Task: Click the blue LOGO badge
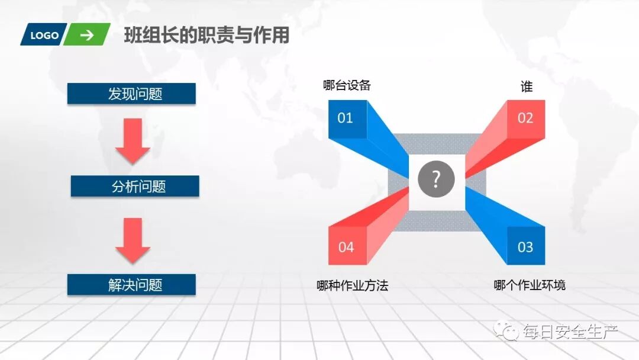point(45,35)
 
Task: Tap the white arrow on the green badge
point(87,35)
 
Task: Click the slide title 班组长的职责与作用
point(206,36)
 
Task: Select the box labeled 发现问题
point(131,94)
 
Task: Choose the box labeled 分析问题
point(135,187)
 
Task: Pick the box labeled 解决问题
point(131,285)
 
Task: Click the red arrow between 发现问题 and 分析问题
point(132,140)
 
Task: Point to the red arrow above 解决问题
point(132,240)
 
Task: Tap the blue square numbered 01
point(345,118)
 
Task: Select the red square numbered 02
point(525,118)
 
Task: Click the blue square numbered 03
point(525,246)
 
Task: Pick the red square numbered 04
point(346,246)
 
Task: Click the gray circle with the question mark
point(436,179)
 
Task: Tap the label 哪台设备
point(347,85)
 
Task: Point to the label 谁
point(526,86)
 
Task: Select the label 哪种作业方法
point(353,285)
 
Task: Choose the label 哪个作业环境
point(530,285)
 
